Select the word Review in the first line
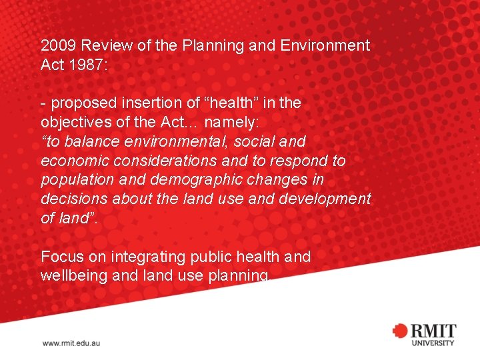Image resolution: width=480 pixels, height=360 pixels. tap(102, 46)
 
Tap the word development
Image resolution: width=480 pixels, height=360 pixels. tap(326, 199)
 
